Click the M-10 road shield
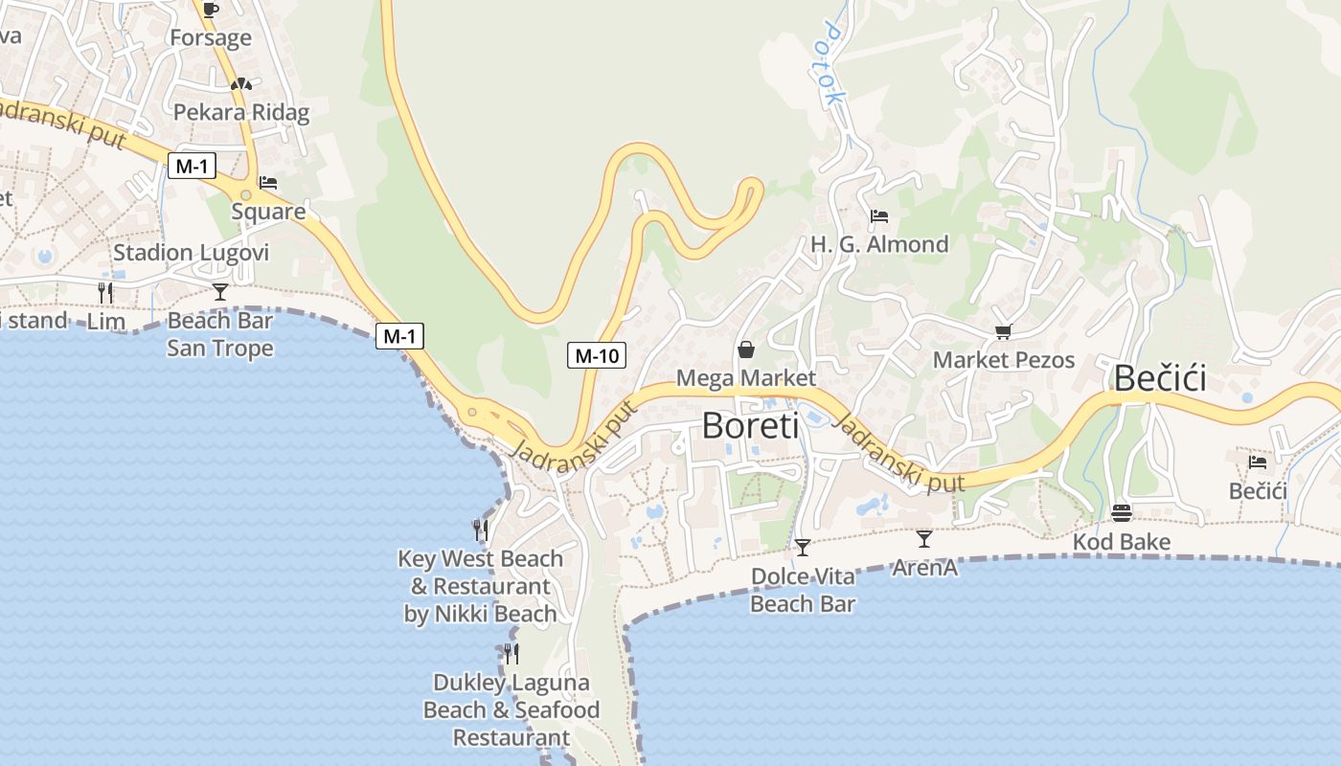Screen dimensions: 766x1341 pyautogui.click(x=596, y=356)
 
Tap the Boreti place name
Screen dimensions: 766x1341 pyautogui.click(x=750, y=425)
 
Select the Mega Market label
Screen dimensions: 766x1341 pyautogui.click(x=746, y=378)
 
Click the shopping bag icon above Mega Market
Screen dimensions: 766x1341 pyautogui.click(x=746, y=349)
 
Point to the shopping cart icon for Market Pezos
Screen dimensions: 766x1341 pyautogui.click(x=1003, y=331)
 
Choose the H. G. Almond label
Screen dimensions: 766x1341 pyautogui.click(x=879, y=244)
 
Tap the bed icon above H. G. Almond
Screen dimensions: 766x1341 pyautogui.click(x=879, y=216)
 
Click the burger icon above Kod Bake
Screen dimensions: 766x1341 pyautogui.click(x=1122, y=513)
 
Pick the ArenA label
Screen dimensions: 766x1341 pyautogui.click(x=924, y=568)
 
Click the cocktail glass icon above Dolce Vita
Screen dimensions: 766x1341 pyautogui.click(x=803, y=548)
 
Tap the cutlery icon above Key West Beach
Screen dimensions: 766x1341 pyautogui.click(x=481, y=529)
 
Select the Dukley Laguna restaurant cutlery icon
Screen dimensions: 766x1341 pyautogui.click(x=511, y=654)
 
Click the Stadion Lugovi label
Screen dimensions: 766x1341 pyautogui.click(x=191, y=253)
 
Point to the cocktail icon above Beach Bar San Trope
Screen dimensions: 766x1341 pyautogui.click(x=220, y=292)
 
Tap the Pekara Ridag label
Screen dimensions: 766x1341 pyautogui.click(x=241, y=112)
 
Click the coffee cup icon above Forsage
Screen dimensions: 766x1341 pyautogui.click(x=211, y=10)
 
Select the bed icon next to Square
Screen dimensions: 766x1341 pyautogui.click(x=268, y=182)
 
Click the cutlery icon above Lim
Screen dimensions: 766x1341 pyautogui.click(x=105, y=292)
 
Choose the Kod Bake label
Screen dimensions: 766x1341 pyautogui.click(x=1121, y=542)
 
